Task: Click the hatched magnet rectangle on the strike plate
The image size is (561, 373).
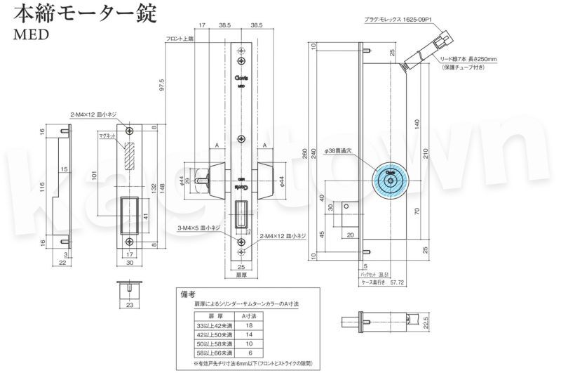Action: click(129, 156)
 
